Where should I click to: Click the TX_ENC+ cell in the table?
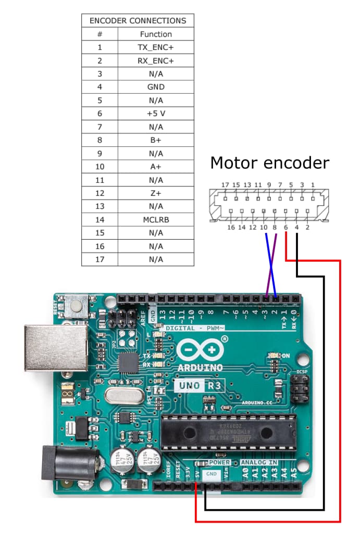155,47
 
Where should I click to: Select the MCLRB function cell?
155,219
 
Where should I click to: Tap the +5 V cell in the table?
155,113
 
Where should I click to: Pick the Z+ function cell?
155,193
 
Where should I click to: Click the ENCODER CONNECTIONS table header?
138,21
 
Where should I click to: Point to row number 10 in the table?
100,166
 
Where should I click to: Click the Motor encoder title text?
269,163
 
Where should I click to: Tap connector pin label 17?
225,185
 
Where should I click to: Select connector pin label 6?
286,227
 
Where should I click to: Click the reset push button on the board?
77,307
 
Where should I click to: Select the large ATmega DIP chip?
228,432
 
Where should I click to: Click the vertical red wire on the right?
340,391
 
